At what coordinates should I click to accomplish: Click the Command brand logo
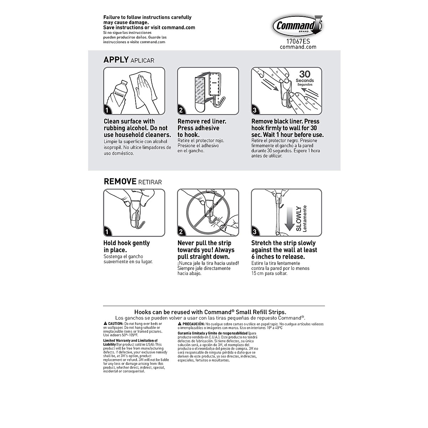coord(297,26)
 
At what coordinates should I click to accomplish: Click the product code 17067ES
coord(298,41)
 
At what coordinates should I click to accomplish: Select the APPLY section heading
coord(116,60)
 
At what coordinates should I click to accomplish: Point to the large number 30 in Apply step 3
coord(305,74)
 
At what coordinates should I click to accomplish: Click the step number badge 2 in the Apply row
coord(181,110)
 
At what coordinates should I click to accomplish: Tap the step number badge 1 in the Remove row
coord(107,232)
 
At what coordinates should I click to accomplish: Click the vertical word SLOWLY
coord(299,218)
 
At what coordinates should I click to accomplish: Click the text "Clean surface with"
coord(129,121)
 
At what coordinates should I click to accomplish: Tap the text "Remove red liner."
coord(202,121)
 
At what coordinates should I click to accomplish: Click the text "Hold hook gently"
coord(127,243)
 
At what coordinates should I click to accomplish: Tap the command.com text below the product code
coord(298,47)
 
